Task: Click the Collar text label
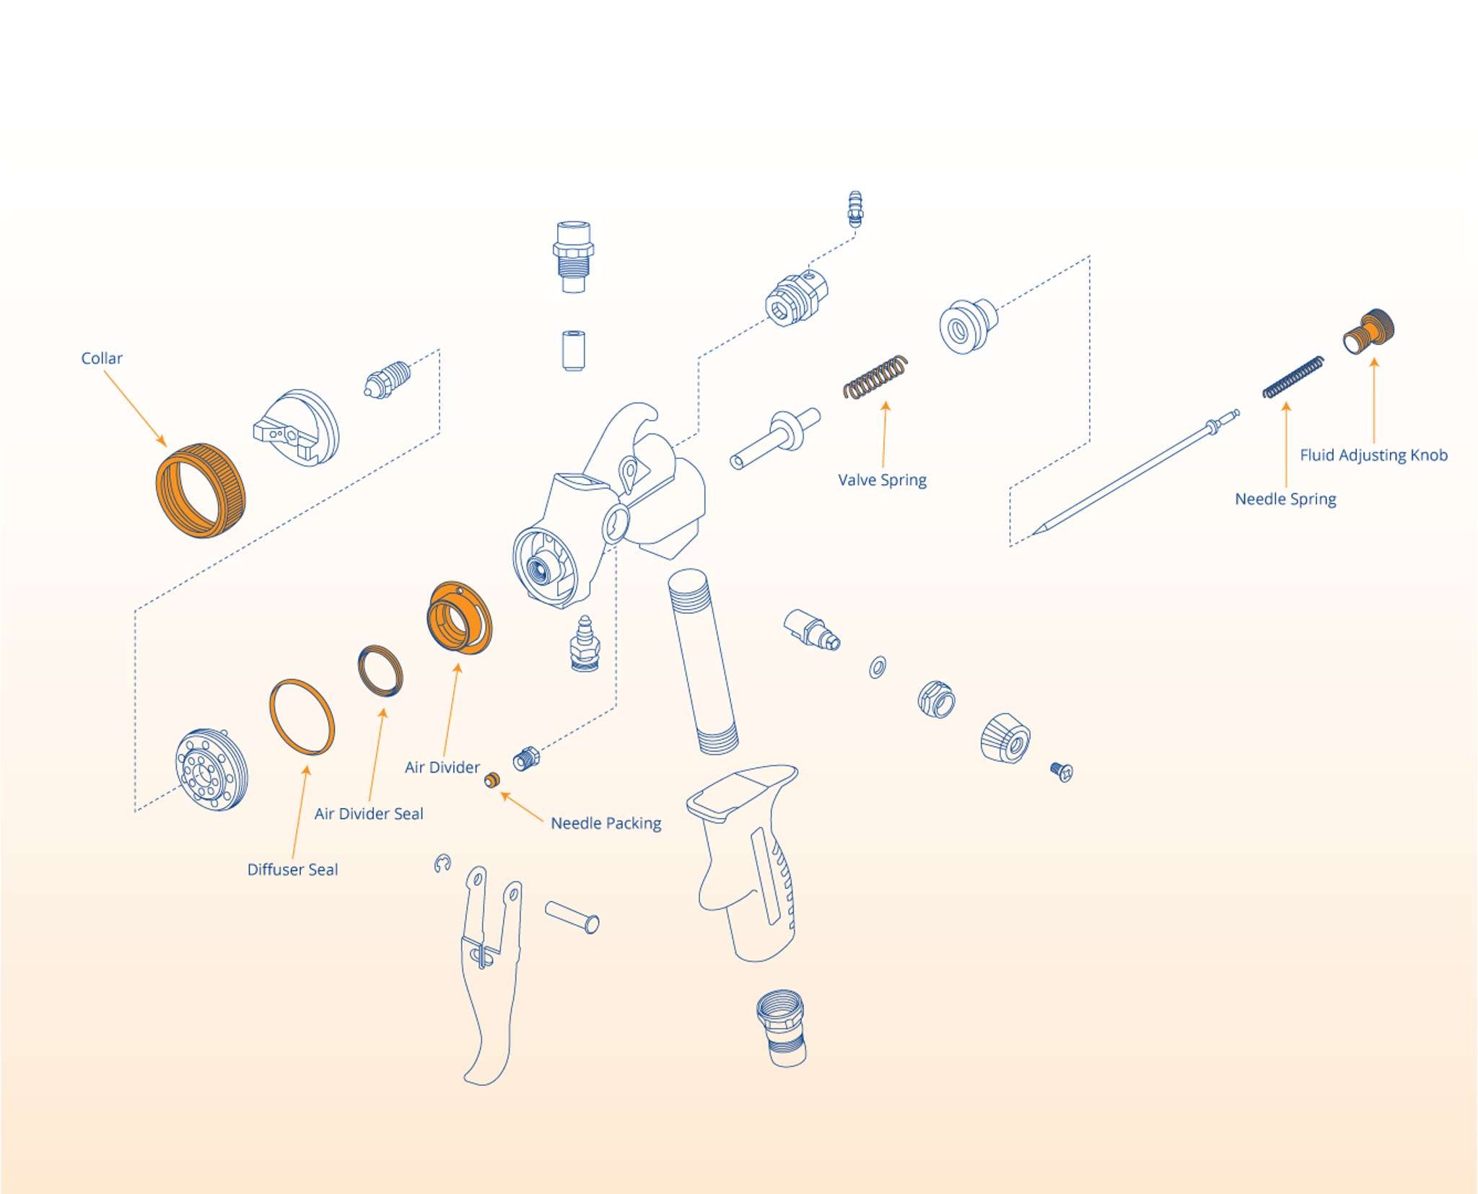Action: [102, 358]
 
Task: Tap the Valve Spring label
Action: [882, 480]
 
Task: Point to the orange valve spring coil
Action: [875, 377]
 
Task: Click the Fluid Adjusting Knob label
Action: [1373, 455]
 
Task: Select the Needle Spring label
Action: [1285, 499]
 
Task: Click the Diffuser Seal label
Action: [292, 869]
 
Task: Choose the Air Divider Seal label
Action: [369, 814]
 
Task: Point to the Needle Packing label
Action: [605, 823]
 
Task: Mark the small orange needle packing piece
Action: [492, 780]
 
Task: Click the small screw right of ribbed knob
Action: [1062, 771]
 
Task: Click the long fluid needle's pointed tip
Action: [1033, 535]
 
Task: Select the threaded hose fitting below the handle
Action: [781, 1028]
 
